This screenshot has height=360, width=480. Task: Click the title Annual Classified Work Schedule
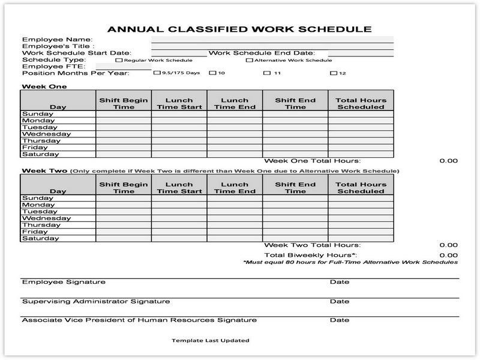click(x=239, y=29)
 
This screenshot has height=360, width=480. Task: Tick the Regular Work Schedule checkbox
click(x=119, y=60)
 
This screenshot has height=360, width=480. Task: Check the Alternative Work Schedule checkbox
click(x=249, y=60)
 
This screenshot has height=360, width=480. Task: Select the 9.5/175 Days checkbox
click(x=157, y=73)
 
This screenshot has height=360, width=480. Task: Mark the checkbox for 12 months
click(x=333, y=73)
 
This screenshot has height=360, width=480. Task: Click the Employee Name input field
click(x=272, y=40)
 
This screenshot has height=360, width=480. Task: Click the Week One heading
click(x=44, y=86)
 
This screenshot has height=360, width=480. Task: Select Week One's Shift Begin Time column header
click(x=124, y=103)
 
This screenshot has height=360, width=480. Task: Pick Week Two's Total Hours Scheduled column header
click(x=361, y=188)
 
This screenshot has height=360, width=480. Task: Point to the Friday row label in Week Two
click(x=35, y=232)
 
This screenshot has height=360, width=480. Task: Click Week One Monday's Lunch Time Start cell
click(x=179, y=121)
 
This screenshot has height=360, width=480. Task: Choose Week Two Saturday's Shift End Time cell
click(x=295, y=238)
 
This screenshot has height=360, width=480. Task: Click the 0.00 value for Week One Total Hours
click(x=448, y=161)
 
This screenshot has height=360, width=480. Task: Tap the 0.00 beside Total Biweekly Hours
click(x=448, y=255)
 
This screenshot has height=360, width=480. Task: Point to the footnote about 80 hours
click(x=350, y=262)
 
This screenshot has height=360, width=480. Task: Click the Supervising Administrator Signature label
click(x=96, y=301)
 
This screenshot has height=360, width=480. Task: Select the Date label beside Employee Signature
click(x=340, y=282)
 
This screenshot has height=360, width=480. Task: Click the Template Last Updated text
click(x=210, y=340)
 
